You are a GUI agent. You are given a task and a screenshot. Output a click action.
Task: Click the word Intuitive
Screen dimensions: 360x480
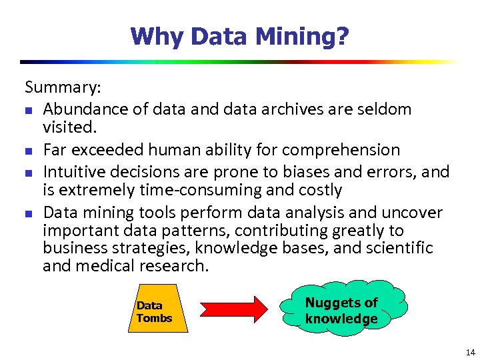[x=73, y=171]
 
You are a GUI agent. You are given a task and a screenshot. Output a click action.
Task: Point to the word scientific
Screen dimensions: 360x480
[x=399, y=249]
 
